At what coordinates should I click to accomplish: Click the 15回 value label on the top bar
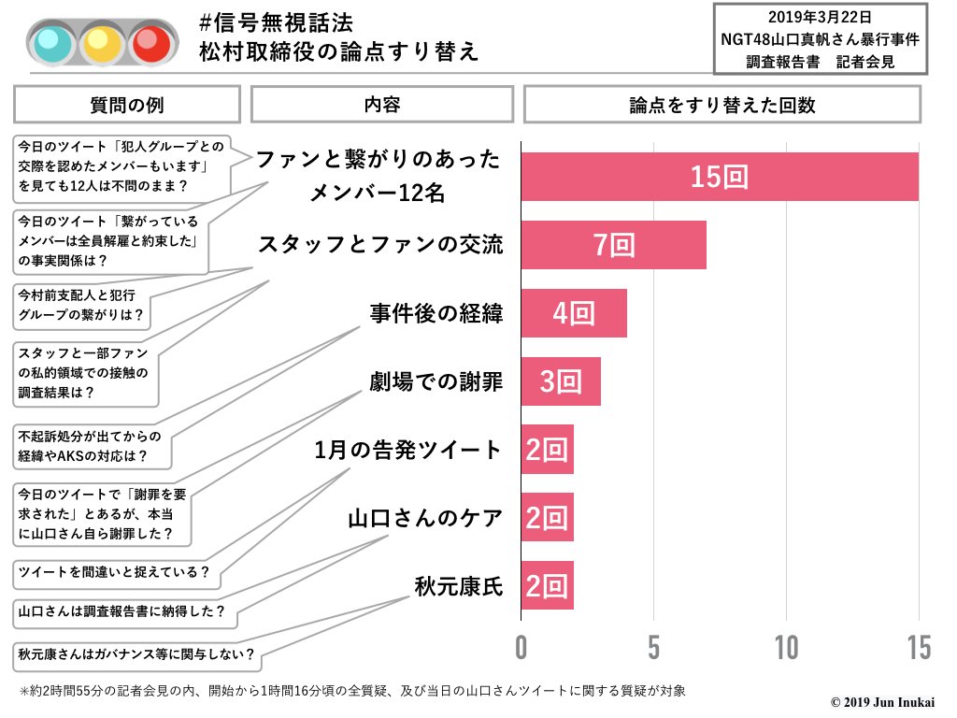coord(720,177)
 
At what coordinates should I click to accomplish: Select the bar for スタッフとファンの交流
coord(613,245)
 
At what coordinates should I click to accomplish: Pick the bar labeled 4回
coord(573,313)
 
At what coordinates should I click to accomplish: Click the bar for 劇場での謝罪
coord(560,381)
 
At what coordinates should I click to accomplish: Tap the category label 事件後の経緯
coord(436,313)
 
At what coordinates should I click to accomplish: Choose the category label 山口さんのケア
coord(425,518)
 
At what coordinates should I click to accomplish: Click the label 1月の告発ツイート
coord(408,450)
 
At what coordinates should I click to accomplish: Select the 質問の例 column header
coord(126,105)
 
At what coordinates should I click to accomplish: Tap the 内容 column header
coord(382,105)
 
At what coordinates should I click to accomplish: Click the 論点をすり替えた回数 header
coord(721,105)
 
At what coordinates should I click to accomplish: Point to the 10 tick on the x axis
coord(786,646)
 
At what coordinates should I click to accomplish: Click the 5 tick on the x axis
coord(653,646)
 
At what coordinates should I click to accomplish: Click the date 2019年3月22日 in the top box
coord(820,18)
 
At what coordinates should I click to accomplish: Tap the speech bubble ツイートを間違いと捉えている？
coord(113,571)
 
